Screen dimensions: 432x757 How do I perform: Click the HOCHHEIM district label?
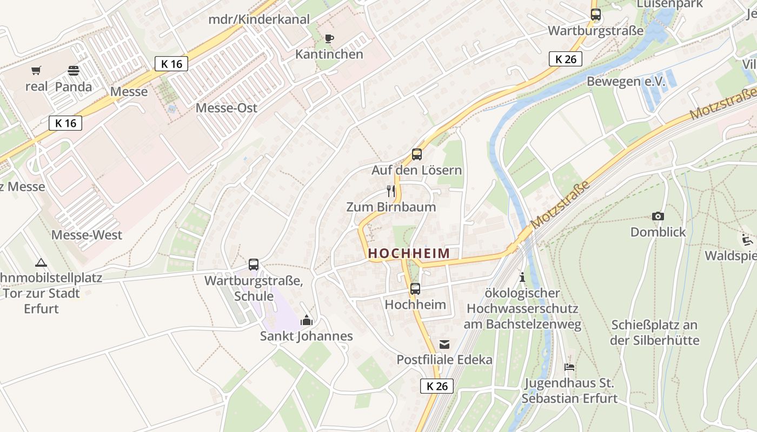click(x=409, y=253)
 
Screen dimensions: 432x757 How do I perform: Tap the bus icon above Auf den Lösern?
click(x=416, y=154)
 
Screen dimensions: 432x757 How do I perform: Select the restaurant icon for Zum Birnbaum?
click(x=391, y=191)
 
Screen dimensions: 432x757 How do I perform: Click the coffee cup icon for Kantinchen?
click(x=329, y=38)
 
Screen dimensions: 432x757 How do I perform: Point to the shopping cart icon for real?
click(x=36, y=70)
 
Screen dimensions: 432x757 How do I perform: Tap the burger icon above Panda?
click(x=74, y=71)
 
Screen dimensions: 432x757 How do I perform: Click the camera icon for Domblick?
click(x=658, y=216)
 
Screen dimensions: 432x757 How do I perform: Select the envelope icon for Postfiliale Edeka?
click(x=444, y=344)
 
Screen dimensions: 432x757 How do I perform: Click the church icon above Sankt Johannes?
click(x=307, y=320)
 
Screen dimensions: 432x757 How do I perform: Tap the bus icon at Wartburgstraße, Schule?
click(x=254, y=265)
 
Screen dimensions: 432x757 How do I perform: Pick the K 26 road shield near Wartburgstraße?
click(x=566, y=59)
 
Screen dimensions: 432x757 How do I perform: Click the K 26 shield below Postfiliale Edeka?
click(x=437, y=386)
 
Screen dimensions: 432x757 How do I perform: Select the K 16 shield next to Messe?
click(x=171, y=64)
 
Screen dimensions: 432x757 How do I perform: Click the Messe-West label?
click(x=87, y=235)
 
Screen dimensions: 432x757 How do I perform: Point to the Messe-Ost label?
click(x=226, y=107)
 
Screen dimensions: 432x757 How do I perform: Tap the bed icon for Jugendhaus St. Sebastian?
click(x=569, y=367)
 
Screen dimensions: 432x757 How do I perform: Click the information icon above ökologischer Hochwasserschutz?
click(x=522, y=277)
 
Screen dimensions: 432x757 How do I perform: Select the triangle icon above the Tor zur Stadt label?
click(x=41, y=263)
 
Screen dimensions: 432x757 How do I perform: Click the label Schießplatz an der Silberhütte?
click(x=655, y=333)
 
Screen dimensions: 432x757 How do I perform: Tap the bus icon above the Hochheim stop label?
click(x=415, y=289)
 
